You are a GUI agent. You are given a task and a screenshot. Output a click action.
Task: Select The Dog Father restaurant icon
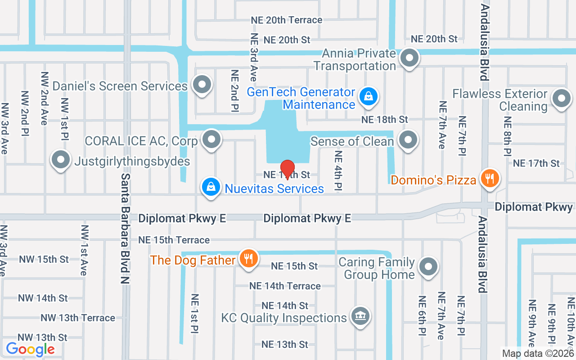[247, 259]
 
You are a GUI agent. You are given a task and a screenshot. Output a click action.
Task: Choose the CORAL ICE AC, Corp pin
[211, 139]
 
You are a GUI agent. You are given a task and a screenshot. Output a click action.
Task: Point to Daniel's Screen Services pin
[201, 84]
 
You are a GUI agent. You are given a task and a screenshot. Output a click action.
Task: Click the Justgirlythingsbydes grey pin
[60, 160]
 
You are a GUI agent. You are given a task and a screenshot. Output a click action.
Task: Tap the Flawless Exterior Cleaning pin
[561, 98]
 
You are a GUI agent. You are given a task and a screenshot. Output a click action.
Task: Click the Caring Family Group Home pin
[428, 266]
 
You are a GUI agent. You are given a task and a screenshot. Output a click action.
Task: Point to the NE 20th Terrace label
[287, 20]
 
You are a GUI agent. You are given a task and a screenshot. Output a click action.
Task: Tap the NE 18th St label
[385, 119]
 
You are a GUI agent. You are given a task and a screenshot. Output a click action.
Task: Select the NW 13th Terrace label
[78, 318]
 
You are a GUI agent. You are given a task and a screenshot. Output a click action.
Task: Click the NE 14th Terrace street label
[285, 286]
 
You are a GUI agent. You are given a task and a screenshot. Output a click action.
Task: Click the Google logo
[30, 349]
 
